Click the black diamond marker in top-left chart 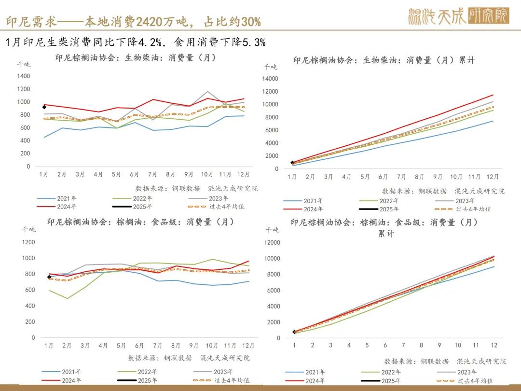pyautogui.click(x=44, y=107)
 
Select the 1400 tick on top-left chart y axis pyautogui.click(x=23, y=76)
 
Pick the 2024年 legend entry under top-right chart pyautogui.click(x=314, y=209)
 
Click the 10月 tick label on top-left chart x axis pyautogui.click(x=207, y=174)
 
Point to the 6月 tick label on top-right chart pyautogui.click(x=383, y=177)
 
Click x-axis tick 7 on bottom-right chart pyautogui.click(x=403, y=346)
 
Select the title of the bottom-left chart pyautogui.click(x=140, y=222)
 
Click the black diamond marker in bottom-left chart pyautogui.click(x=49, y=277)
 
